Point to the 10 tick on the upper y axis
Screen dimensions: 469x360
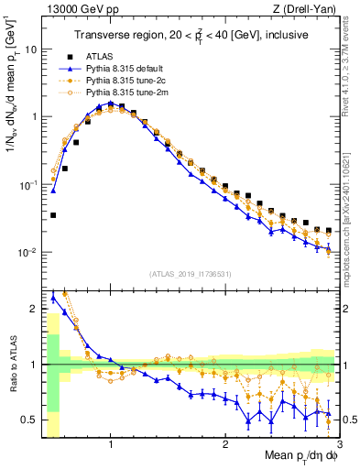click(31, 49)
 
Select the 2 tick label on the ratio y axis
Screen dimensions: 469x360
click(34, 309)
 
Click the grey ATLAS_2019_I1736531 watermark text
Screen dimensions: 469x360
click(190, 274)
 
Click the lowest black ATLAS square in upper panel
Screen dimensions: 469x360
click(54, 215)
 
